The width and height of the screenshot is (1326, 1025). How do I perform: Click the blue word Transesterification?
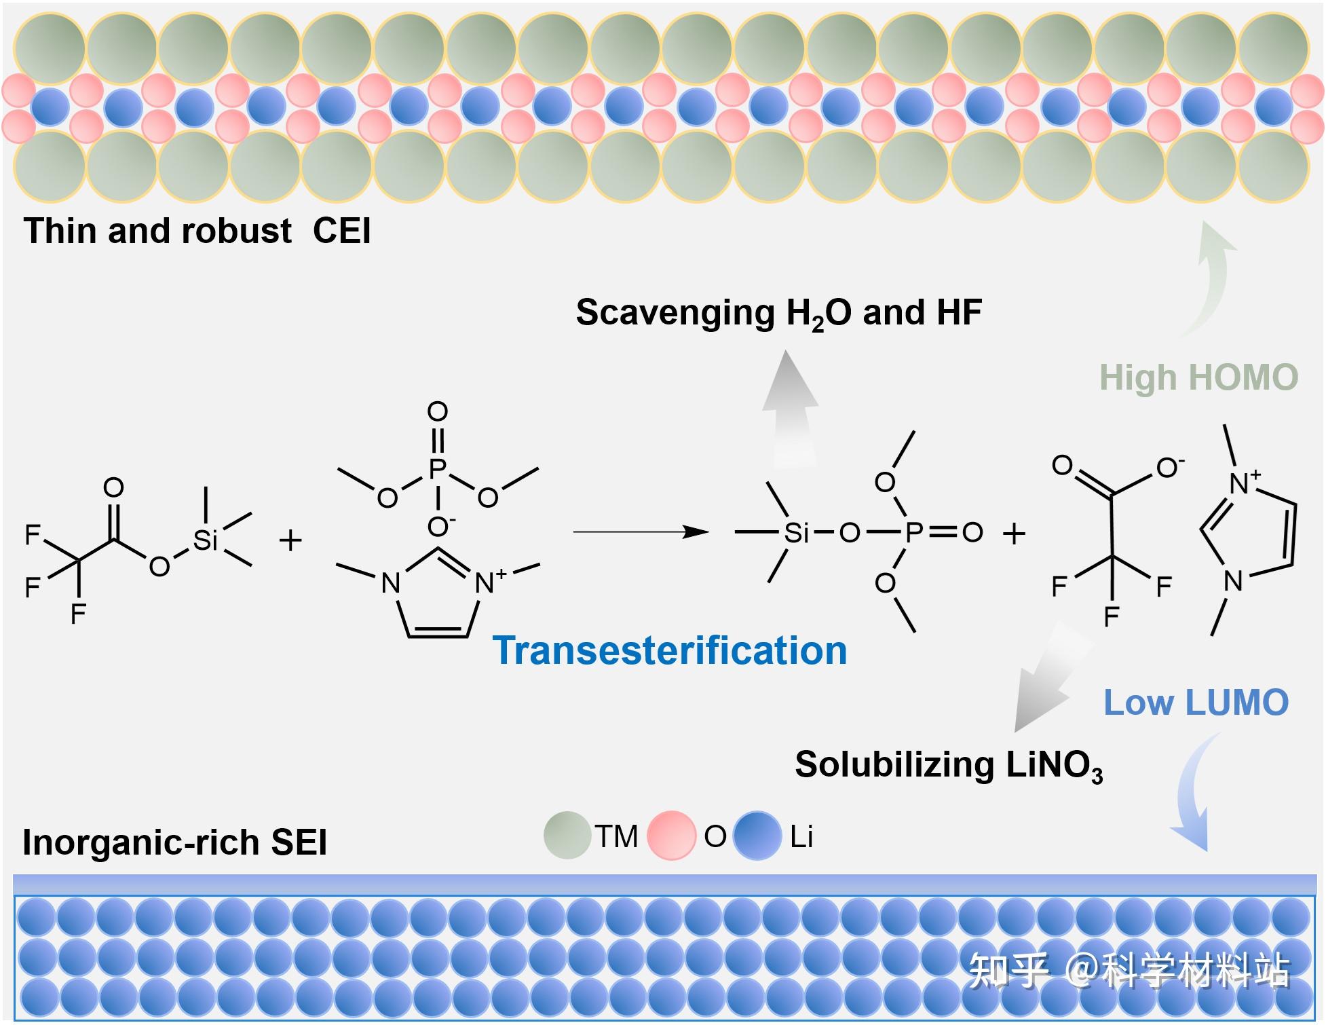[670, 650]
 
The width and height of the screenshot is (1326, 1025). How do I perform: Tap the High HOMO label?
[1198, 377]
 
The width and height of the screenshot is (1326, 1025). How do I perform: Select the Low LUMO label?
[1196, 702]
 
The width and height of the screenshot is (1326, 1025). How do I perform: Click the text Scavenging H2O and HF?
[779, 314]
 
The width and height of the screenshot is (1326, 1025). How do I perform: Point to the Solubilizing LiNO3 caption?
[949, 766]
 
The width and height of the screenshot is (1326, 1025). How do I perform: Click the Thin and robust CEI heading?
[197, 231]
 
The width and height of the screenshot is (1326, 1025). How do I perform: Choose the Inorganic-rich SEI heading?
[175, 842]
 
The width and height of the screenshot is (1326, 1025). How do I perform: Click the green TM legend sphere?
[567, 836]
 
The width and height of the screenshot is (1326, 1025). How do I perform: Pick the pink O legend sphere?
[671, 836]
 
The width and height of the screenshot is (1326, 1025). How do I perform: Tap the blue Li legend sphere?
[757, 836]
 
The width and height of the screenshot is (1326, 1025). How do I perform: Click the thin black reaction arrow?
[641, 532]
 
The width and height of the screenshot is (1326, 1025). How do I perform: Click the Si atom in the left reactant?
[205, 540]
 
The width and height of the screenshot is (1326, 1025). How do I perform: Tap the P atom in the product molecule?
[913, 532]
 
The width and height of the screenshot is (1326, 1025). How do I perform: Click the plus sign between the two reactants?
[290, 541]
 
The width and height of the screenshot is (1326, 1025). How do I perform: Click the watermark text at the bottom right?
[1129, 970]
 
